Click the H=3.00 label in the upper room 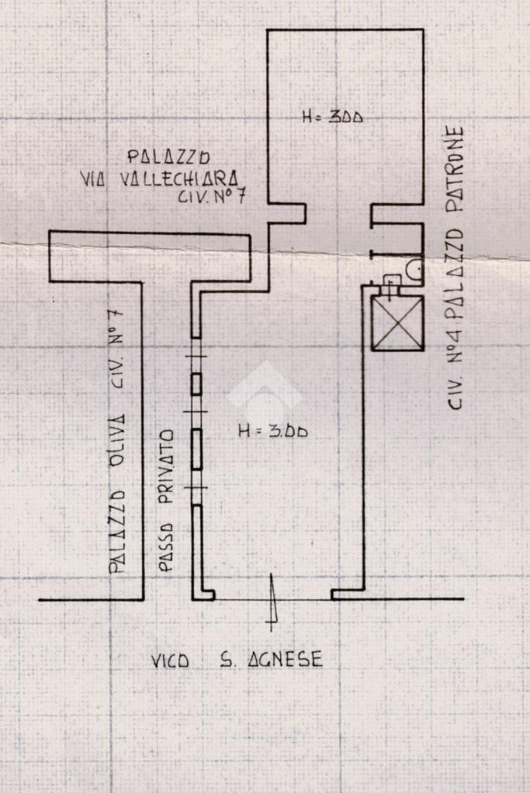(x=333, y=118)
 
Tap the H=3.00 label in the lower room (x=272, y=431)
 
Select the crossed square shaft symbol (x=397, y=322)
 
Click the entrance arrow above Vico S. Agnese (x=272, y=602)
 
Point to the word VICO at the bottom (x=170, y=661)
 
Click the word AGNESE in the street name (x=284, y=660)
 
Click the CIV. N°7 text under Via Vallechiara (x=211, y=197)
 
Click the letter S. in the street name (x=227, y=660)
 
